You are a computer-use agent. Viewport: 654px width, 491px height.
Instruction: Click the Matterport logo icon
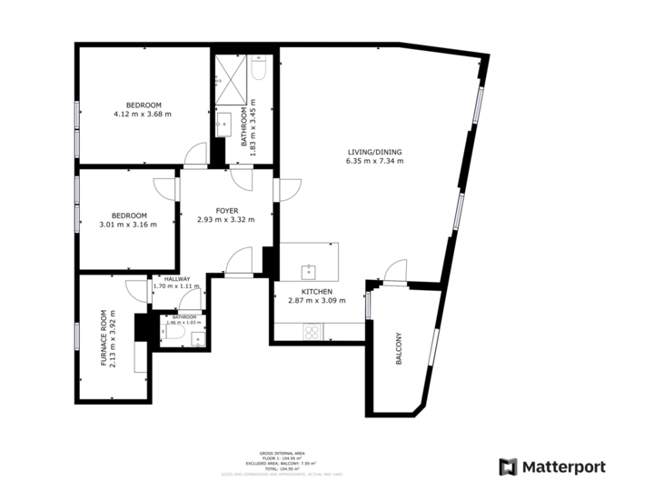[x=508, y=466]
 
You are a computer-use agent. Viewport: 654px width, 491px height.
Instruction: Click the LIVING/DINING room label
[x=374, y=152]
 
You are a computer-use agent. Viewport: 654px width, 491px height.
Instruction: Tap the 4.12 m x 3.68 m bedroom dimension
[x=142, y=115]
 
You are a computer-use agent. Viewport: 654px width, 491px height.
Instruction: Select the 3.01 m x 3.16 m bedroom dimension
[x=128, y=224]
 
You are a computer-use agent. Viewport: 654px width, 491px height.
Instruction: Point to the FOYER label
[x=226, y=210]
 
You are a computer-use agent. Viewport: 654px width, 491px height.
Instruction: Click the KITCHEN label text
[x=303, y=291]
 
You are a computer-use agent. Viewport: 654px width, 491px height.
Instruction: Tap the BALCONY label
[x=399, y=349]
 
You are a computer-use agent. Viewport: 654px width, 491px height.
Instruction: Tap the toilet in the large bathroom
[x=258, y=69]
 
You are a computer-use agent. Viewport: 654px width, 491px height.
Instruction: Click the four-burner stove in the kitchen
[x=311, y=332]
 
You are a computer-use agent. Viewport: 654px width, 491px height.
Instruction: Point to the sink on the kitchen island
[x=309, y=269]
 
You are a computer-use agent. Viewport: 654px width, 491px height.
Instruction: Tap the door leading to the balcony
[x=395, y=270]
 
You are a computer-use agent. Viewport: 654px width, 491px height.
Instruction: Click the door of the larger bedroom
[x=195, y=155]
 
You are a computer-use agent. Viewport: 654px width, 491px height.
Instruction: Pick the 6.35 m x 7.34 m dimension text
[x=374, y=161]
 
